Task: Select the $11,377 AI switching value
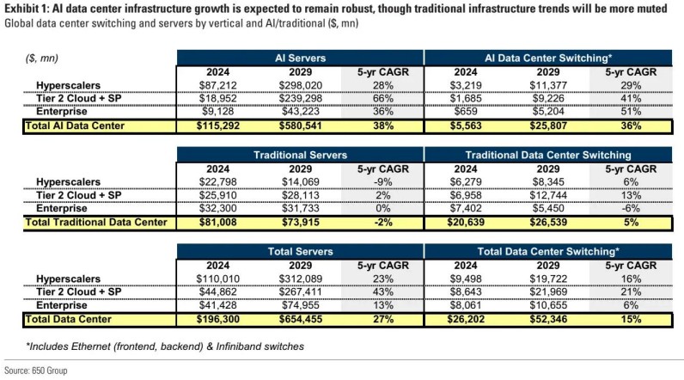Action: (x=535, y=87)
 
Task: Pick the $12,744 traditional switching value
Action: (x=535, y=195)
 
